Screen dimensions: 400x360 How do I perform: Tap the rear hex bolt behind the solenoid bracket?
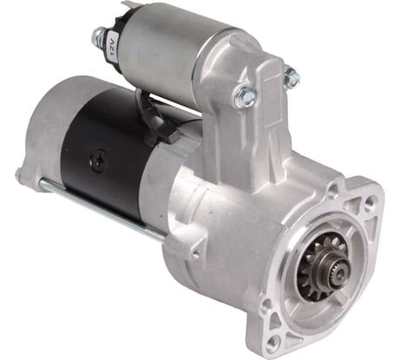(x=292, y=76)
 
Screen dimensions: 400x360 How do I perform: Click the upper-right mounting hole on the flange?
(x=370, y=200)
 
